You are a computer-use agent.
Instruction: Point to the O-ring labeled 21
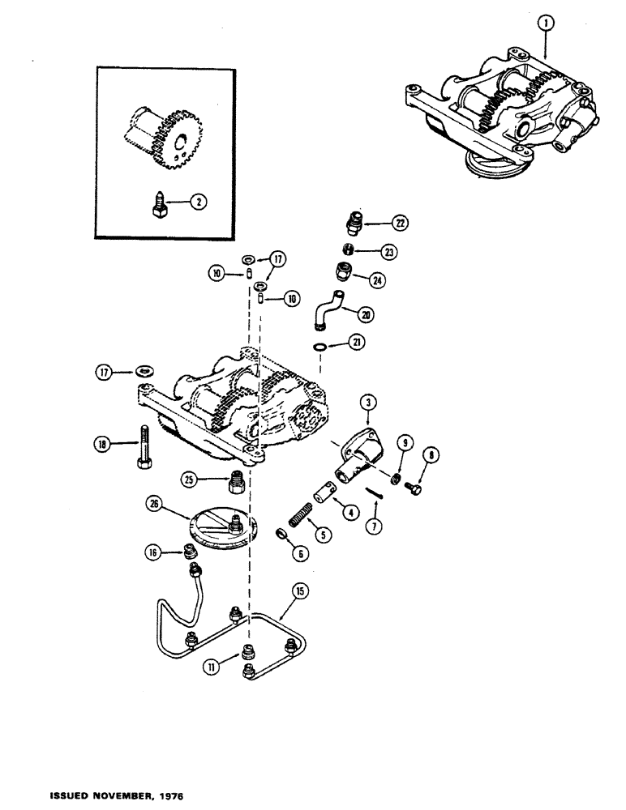(x=324, y=347)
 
